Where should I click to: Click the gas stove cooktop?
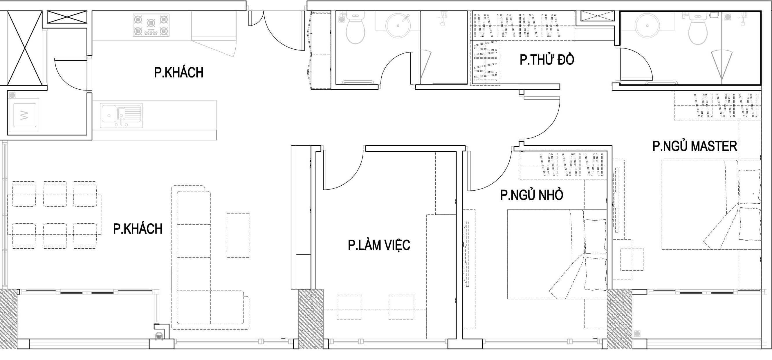pyautogui.click(x=151, y=25)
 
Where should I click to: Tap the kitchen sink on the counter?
pyautogui.click(x=121, y=116)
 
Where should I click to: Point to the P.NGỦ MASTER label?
pyautogui.click(x=695, y=146)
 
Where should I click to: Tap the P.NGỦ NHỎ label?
pyautogui.click(x=532, y=195)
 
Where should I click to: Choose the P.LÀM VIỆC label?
pyautogui.click(x=379, y=245)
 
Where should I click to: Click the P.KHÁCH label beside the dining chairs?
pyautogui.click(x=138, y=229)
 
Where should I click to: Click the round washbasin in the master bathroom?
pyautogui.click(x=647, y=26)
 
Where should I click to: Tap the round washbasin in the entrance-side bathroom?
pyautogui.click(x=398, y=26)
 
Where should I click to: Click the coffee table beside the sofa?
pyautogui.click(x=238, y=236)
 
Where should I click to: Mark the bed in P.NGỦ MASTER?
pyautogui.click(x=711, y=205)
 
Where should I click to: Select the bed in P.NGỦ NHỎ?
pyautogui.click(x=557, y=254)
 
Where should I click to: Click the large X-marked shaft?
pyautogui.click(x=25, y=48)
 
